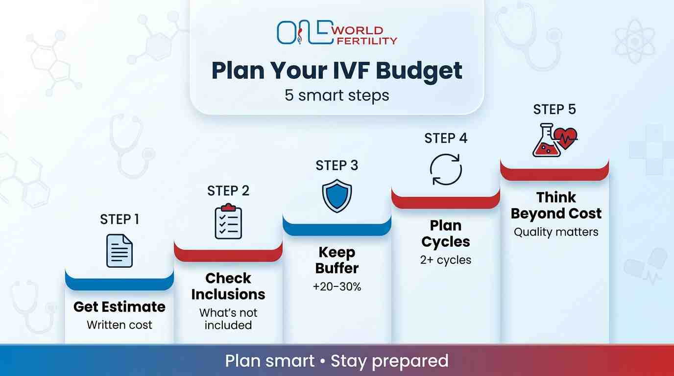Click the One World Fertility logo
(x=337, y=33)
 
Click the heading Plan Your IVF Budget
(x=337, y=70)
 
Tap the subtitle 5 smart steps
(x=337, y=95)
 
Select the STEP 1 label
(x=120, y=219)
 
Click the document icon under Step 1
(x=120, y=251)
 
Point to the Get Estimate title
(x=120, y=307)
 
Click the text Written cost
(x=120, y=325)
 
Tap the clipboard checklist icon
(x=228, y=223)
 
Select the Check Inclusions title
(x=228, y=286)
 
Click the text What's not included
(x=228, y=319)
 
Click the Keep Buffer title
(x=337, y=260)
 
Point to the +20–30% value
(x=337, y=287)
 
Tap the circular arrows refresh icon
(x=446, y=169)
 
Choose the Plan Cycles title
(x=446, y=234)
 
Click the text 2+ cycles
(x=446, y=260)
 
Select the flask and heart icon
(x=554, y=140)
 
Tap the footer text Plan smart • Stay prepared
(x=337, y=361)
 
